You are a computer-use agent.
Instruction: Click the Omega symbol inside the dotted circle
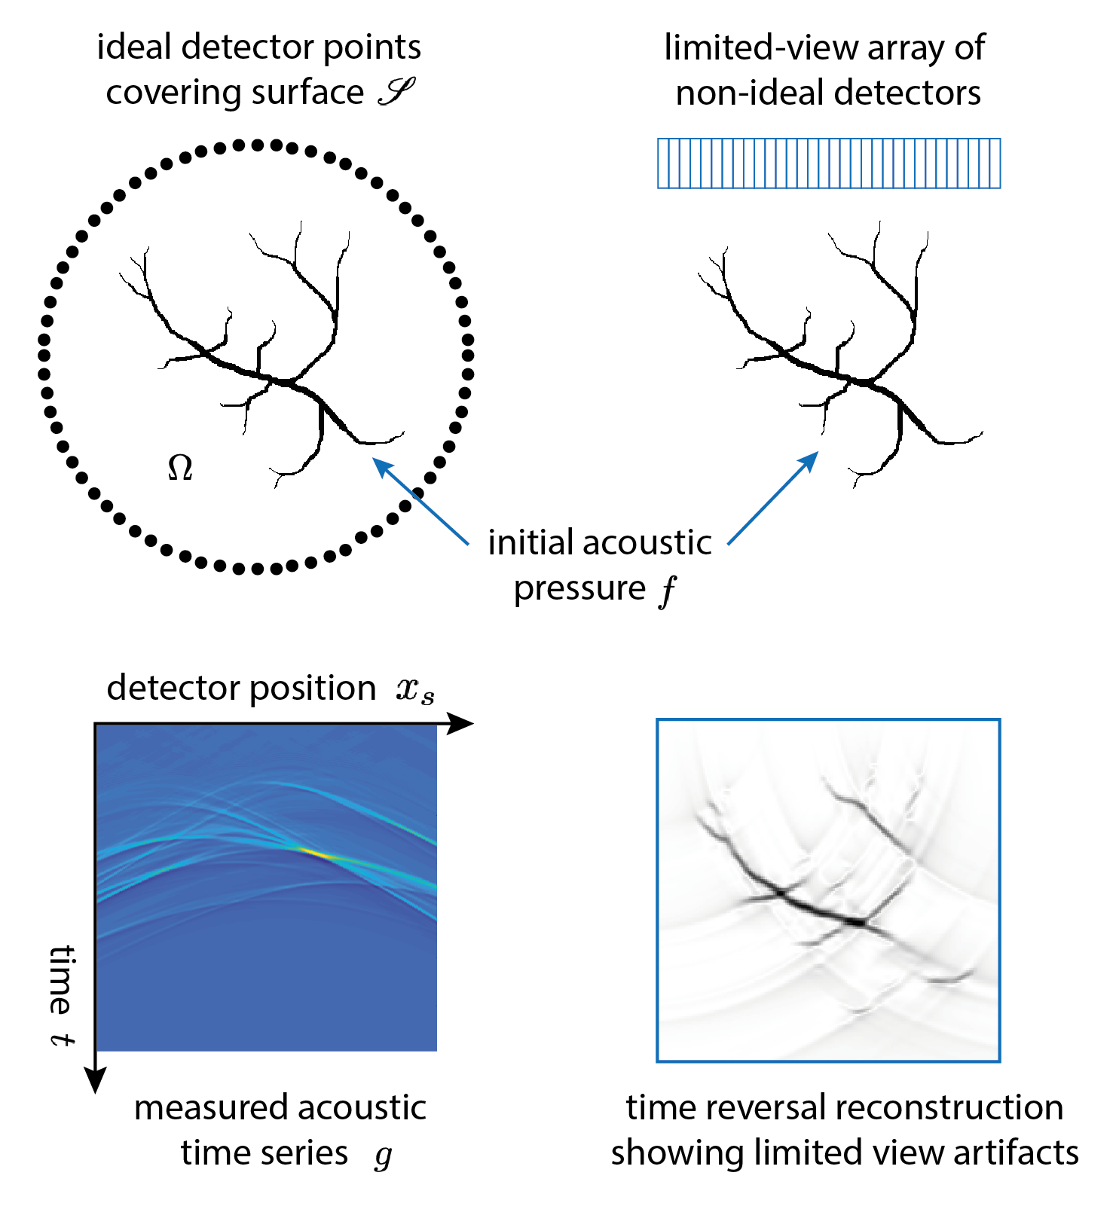point(180,468)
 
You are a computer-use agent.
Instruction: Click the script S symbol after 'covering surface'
point(396,93)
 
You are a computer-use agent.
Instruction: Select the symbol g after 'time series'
point(384,1155)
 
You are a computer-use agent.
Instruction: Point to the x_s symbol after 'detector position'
point(415,690)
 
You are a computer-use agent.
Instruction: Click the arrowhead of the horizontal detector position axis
point(460,724)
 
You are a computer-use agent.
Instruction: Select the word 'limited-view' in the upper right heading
point(760,48)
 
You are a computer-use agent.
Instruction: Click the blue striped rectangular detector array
point(829,163)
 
